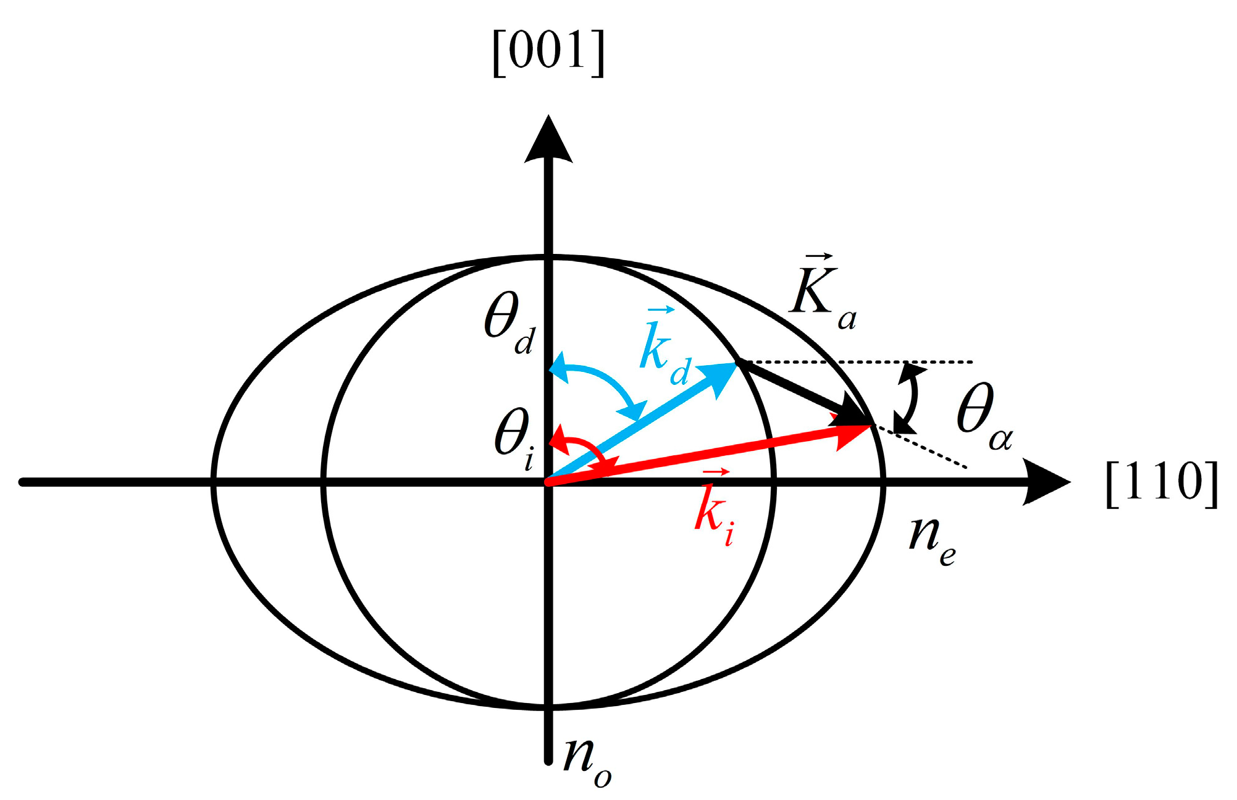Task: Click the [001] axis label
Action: click(x=548, y=52)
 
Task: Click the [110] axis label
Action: click(x=1161, y=483)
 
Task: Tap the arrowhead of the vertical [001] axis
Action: click(x=548, y=140)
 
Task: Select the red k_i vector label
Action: click(x=714, y=510)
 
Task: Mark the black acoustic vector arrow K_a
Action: click(x=797, y=390)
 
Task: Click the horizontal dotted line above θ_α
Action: click(x=865, y=361)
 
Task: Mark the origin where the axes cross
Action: click(x=548, y=482)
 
